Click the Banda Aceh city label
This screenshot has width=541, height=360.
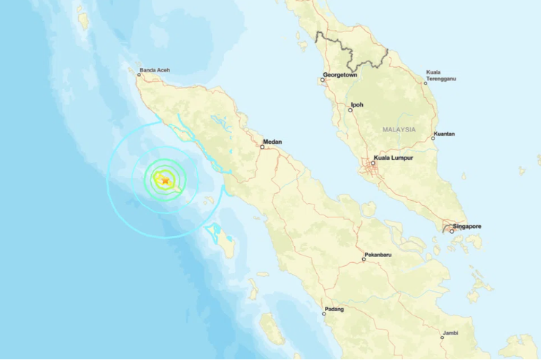point(155,71)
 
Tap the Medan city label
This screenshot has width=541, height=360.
point(272,141)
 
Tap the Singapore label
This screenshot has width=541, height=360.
point(467,226)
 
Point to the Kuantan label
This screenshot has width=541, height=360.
point(444,134)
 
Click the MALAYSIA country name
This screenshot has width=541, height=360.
point(399,129)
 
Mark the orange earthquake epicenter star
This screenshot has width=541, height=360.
point(166,180)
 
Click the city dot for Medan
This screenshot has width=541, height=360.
point(263,147)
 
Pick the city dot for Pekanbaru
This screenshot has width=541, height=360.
point(364,258)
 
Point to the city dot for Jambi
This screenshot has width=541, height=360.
point(442,337)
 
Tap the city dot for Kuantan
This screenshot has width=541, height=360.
point(434,138)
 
